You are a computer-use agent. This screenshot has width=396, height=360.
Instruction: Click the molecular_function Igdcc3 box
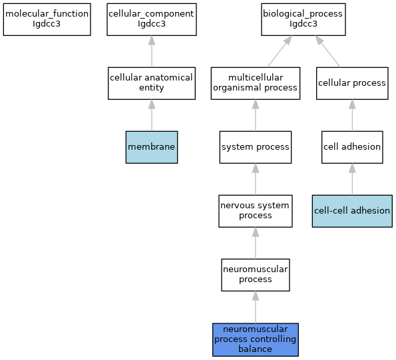pyautogui.click(x=47, y=19)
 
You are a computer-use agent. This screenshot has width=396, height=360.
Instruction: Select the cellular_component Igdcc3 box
pyautogui.click(x=152, y=19)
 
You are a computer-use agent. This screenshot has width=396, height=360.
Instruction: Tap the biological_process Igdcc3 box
pyautogui.click(x=303, y=19)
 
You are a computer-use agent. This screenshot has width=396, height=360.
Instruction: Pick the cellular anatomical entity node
pyautogui.click(x=152, y=83)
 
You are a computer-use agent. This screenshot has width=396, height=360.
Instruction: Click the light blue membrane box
pyautogui.click(x=152, y=147)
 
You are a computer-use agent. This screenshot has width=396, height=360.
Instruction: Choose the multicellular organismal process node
pyautogui.click(x=256, y=83)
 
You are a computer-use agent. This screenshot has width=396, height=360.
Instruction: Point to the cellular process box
pyautogui.click(x=352, y=83)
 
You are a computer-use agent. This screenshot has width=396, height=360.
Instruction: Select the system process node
pyautogui.click(x=256, y=147)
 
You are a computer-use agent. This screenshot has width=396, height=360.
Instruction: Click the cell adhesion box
pyautogui.click(x=352, y=147)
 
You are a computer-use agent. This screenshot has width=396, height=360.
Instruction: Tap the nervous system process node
pyautogui.click(x=256, y=211)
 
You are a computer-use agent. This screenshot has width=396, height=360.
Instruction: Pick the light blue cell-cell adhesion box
pyautogui.click(x=352, y=211)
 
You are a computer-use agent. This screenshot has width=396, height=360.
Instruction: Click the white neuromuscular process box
pyautogui.click(x=256, y=275)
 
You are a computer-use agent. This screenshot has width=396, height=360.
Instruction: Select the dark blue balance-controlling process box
pyautogui.click(x=256, y=339)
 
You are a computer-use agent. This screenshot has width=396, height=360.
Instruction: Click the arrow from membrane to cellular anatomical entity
pyautogui.click(x=152, y=115)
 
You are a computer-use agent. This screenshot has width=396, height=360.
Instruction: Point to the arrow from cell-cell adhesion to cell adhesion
pyautogui.click(x=352, y=179)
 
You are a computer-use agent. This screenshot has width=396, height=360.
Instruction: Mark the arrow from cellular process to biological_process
pyautogui.click(x=327, y=51)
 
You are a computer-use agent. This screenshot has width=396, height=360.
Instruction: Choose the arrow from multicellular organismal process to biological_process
pyautogui.click(x=280, y=51)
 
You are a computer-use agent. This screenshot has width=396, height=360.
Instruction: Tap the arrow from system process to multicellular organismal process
pyautogui.click(x=256, y=115)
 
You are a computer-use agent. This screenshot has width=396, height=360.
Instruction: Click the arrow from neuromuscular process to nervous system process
pyautogui.click(x=256, y=243)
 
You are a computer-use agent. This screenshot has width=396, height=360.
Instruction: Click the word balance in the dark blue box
pyautogui.click(x=255, y=349)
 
